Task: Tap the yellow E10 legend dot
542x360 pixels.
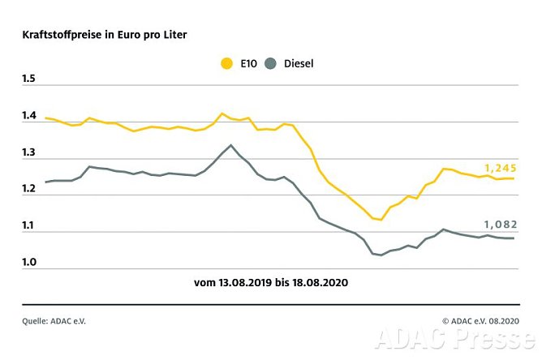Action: click(x=226, y=62)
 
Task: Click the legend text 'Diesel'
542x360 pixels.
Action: click(x=299, y=62)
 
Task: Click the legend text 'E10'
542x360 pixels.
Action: click(x=247, y=62)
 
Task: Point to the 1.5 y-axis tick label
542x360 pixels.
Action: click(x=30, y=79)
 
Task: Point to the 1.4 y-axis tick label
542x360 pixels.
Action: click(x=30, y=116)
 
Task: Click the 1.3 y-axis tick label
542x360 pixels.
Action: click(x=30, y=152)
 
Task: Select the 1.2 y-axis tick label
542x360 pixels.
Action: click(x=30, y=189)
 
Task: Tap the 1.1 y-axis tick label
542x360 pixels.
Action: click(x=30, y=226)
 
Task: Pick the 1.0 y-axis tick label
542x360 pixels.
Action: click(x=30, y=263)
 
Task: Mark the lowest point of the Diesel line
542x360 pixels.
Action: click(x=381, y=255)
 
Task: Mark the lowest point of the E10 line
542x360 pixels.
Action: click(x=381, y=220)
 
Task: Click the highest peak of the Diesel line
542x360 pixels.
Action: click(x=231, y=145)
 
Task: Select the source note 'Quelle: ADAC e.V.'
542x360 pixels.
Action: click(x=54, y=321)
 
